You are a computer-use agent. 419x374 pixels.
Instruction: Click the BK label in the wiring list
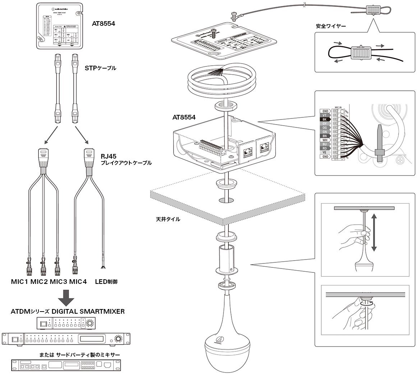pos(324,119)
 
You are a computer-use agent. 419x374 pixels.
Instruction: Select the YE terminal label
pos(324,152)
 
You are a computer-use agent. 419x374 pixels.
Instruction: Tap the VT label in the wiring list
pos(324,115)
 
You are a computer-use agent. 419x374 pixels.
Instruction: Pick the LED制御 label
pos(106,282)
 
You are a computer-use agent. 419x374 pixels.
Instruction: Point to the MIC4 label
pos(78,282)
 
